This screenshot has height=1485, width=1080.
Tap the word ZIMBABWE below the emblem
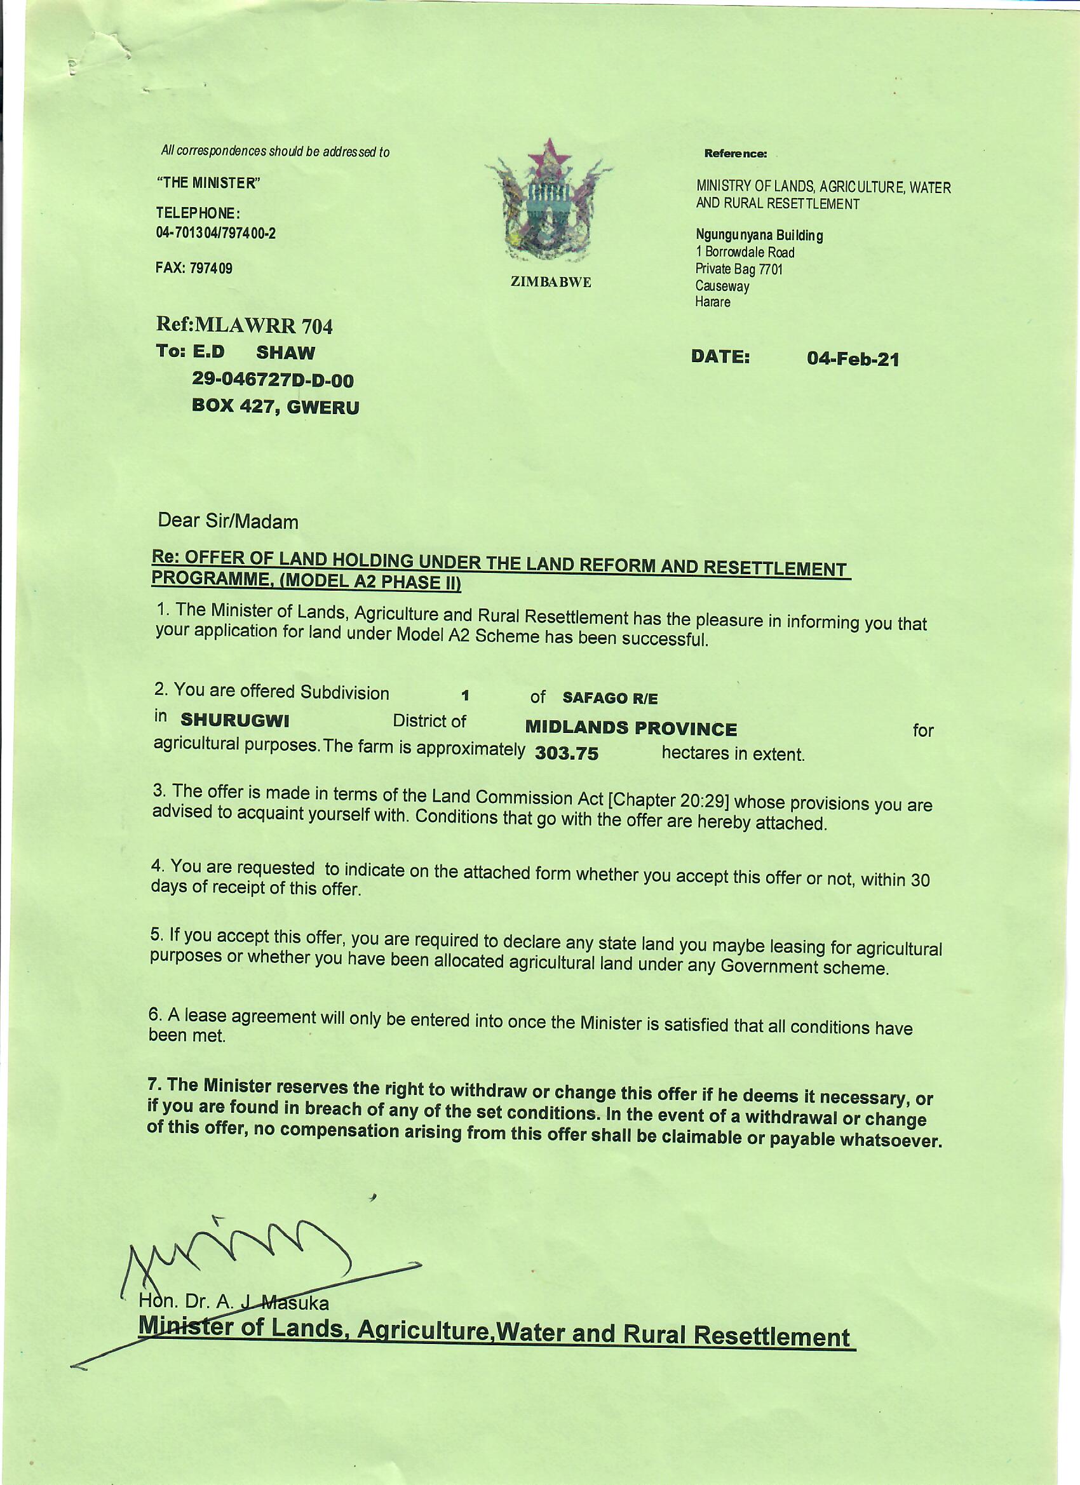(550, 282)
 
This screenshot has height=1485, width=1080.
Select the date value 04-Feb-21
(853, 359)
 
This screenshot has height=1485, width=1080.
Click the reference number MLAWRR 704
(264, 325)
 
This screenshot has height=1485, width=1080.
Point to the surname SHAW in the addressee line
(285, 353)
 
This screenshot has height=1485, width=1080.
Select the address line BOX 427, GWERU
(275, 407)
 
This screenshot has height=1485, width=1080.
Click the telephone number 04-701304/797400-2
(215, 233)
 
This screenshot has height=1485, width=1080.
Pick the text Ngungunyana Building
(759, 235)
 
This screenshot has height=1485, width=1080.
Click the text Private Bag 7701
(739, 269)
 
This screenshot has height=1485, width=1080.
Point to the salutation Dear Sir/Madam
(228, 521)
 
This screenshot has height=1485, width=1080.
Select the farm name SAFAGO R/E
(610, 698)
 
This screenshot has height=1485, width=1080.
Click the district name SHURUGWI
(234, 720)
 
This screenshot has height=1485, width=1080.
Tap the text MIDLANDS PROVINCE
(631, 728)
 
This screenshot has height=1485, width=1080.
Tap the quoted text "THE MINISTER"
(208, 183)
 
